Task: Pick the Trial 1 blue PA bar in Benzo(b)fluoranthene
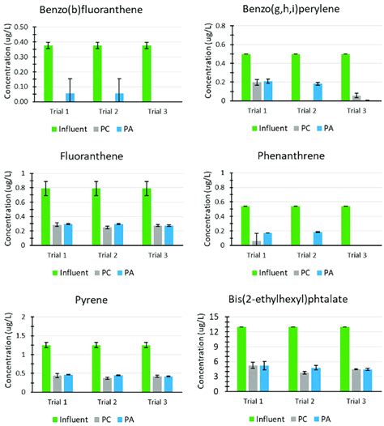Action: pyautogui.click(x=70, y=97)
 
